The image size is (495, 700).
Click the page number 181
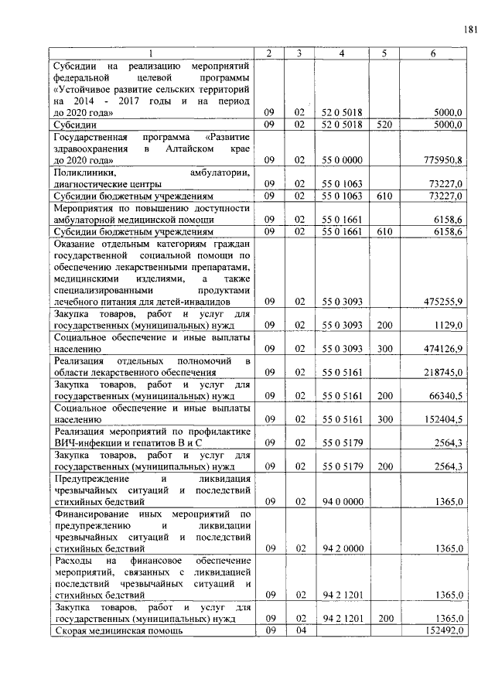[x=470, y=29]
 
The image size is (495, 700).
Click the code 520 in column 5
[x=383, y=124]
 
